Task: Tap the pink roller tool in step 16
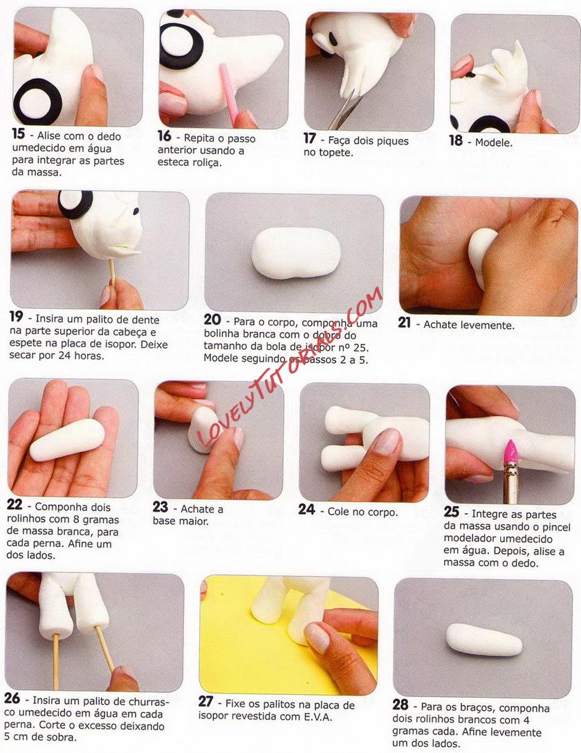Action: coord(229,93)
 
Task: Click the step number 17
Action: coord(309,138)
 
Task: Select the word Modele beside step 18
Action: coord(494,142)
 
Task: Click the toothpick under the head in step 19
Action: coord(113,273)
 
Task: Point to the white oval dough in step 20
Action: coord(296,252)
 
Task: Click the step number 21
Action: coord(404,322)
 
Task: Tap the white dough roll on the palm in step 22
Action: coord(67,439)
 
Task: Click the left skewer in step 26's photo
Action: coord(56,662)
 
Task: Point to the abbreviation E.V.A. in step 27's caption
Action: coord(317,717)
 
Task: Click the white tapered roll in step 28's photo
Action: coord(484,640)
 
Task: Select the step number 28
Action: coord(400,705)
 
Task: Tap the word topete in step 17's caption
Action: coord(334,153)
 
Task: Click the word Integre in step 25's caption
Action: coord(490,514)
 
